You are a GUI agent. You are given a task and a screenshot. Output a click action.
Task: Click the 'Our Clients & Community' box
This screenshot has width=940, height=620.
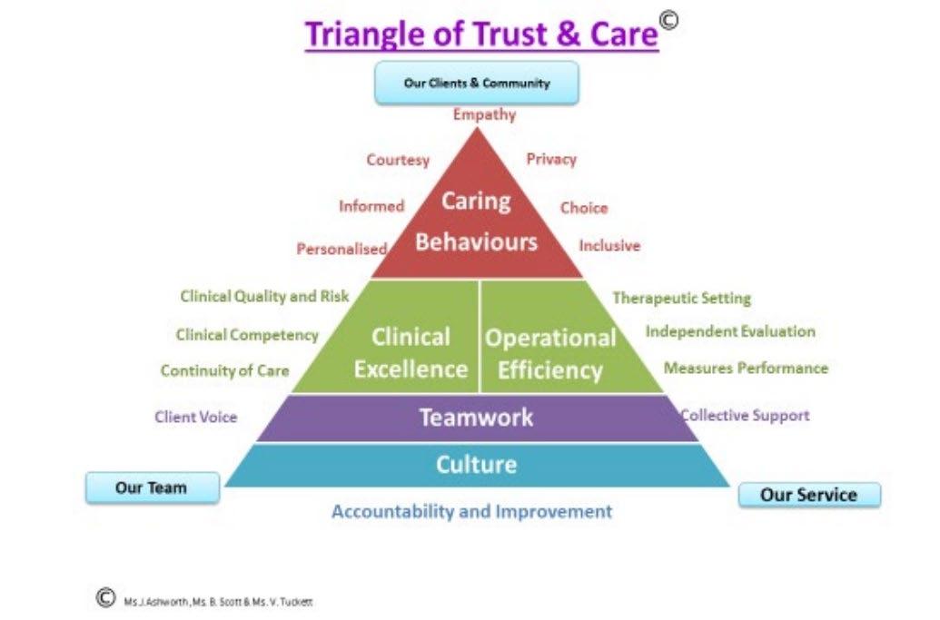[x=477, y=84]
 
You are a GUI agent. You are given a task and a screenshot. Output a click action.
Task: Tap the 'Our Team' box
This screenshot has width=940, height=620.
[x=152, y=488]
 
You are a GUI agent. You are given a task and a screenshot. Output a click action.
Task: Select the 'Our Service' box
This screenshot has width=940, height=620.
[x=808, y=495]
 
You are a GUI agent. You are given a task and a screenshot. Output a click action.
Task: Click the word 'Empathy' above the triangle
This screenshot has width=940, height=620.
[x=484, y=114]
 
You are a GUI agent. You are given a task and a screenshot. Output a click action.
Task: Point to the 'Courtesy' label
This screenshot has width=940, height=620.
[x=398, y=160]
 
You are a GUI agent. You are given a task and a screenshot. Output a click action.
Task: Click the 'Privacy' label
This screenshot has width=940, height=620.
[x=551, y=159]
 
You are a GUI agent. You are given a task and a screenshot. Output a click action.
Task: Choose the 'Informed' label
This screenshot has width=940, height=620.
[x=371, y=206]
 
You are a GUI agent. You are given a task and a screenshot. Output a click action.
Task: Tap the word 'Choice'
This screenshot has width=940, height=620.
[x=583, y=208]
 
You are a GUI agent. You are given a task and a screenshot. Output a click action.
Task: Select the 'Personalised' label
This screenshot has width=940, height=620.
[x=341, y=249]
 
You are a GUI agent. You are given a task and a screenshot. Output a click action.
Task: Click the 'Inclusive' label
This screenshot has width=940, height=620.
[x=609, y=245]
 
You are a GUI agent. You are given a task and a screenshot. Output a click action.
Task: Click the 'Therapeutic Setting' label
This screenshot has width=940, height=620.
[x=682, y=298]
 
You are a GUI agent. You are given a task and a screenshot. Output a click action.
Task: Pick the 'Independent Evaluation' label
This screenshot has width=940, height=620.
[x=730, y=331]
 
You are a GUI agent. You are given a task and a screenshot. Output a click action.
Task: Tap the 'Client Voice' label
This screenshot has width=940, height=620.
[x=195, y=417]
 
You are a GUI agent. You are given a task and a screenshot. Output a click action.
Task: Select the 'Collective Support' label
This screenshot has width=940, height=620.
[x=745, y=415]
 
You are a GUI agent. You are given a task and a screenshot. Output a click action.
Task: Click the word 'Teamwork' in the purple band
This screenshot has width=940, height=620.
[x=476, y=418]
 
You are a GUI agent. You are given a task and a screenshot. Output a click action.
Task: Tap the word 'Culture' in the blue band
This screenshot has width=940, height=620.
[x=476, y=465]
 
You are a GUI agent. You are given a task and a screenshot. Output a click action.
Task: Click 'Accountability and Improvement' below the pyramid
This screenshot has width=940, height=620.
[x=471, y=511]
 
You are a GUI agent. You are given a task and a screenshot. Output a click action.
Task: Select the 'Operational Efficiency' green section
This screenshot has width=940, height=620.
[x=550, y=353]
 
